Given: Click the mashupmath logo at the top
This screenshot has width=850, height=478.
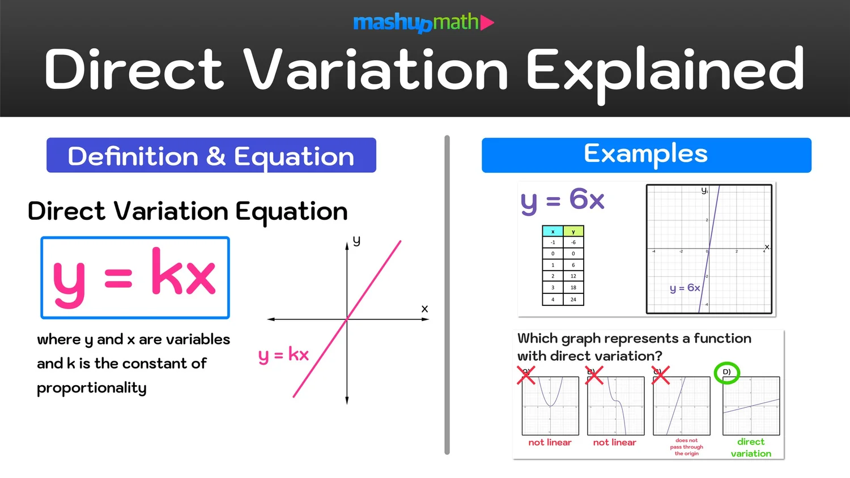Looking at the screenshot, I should (x=423, y=23).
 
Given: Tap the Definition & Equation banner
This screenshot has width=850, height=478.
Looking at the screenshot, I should (x=211, y=156).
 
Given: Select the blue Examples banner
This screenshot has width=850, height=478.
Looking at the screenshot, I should (x=646, y=155).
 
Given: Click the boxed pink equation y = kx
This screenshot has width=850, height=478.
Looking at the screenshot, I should (x=135, y=278).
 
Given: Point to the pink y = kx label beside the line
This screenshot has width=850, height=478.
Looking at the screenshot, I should (x=283, y=355).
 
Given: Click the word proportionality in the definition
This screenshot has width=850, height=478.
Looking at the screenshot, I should (x=92, y=388).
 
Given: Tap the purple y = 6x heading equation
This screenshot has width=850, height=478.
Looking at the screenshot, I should (x=563, y=200).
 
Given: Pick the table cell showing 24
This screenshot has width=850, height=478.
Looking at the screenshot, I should (x=573, y=300).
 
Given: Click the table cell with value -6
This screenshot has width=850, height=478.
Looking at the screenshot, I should (x=573, y=242).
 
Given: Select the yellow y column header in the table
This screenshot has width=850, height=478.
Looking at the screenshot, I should (x=573, y=232).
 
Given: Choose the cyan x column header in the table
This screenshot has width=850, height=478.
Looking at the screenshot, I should (x=553, y=232).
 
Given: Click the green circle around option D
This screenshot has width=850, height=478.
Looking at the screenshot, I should (x=727, y=373).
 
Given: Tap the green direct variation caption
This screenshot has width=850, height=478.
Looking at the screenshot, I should (x=751, y=447).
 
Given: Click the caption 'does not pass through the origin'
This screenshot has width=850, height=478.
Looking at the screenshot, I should (x=686, y=447).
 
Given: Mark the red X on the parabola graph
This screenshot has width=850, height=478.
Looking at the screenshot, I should (x=526, y=375).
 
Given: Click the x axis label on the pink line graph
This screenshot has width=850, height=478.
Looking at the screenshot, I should (x=424, y=309).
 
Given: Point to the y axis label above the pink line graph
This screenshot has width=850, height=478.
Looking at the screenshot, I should (x=356, y=241).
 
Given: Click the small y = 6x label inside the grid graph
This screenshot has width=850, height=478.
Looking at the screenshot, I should (x=685, y=288).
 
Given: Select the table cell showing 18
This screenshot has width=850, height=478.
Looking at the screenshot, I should (x=573, y=288).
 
